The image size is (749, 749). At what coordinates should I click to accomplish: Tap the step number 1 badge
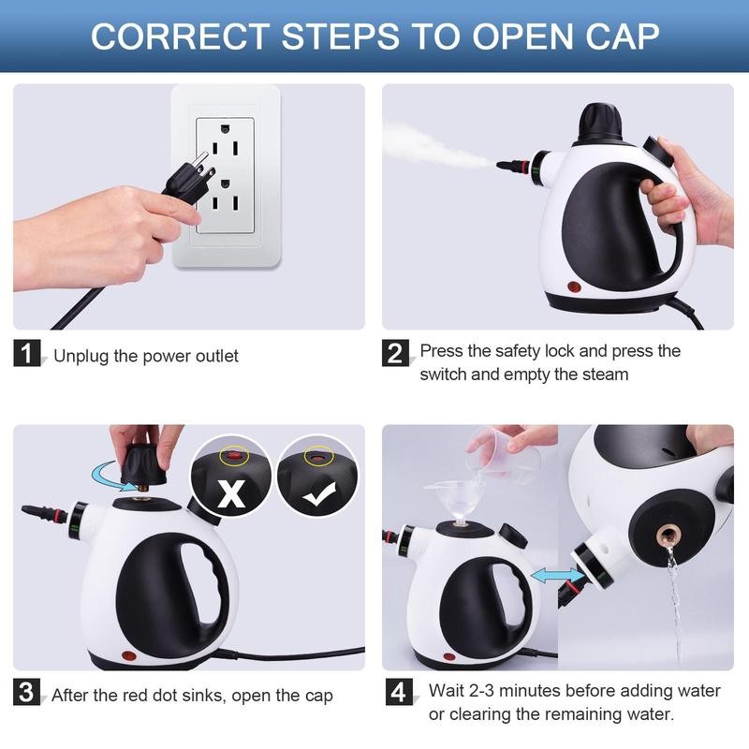click(x=29, y=355)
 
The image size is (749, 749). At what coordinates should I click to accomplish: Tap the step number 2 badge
click(x=396, y=355)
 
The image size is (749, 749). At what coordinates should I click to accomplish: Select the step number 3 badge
click(x=29, y=694)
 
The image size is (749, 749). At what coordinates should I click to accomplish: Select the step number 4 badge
click(x=396, y=694)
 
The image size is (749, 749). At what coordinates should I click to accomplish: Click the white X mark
click(x=229, y=492)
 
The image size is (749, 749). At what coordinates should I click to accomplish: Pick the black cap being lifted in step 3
click(x=145, y=461)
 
